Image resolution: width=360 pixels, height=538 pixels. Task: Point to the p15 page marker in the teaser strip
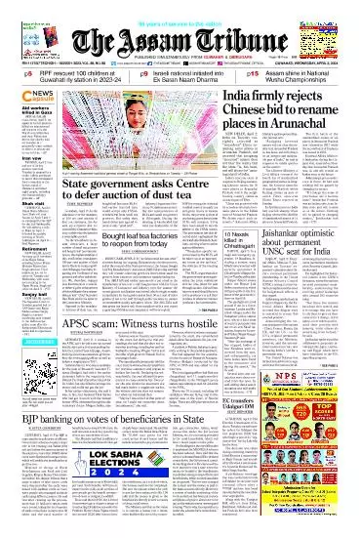[253, 72]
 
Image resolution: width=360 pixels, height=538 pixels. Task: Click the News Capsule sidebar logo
[30, 94]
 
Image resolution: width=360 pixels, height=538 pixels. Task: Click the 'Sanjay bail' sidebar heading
[23, 346]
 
